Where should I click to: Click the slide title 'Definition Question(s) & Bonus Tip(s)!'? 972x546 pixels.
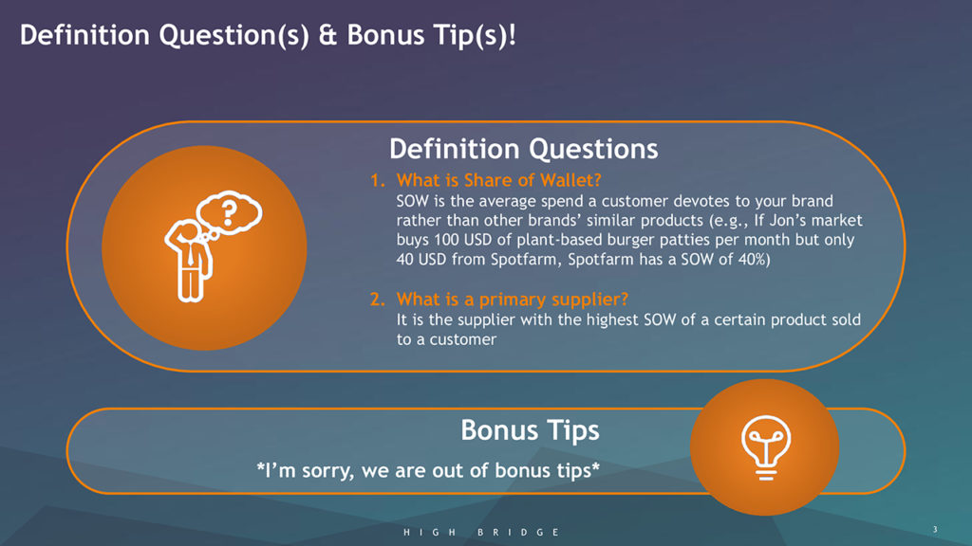(x=268, y=35)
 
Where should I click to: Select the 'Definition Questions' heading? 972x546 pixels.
(x=524, y=149)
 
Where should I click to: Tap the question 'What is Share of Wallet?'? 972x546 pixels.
(x=499, y=180)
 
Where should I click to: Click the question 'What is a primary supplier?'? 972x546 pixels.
(x=513, y=300)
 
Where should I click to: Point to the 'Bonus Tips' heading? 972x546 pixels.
(x=530, y=430)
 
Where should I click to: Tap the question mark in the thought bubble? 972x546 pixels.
(x=230, y=211)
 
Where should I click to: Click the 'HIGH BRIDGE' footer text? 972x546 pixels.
(x=481, y=533)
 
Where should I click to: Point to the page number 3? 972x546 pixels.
(x=935, y=529)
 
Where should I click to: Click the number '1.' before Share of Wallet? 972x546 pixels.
(x=378, y=180)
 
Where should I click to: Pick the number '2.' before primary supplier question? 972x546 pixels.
(x=378, y=300)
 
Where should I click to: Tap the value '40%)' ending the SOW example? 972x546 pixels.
(x=754, y=260)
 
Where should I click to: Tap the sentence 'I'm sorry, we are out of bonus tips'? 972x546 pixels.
(x=428, y=470)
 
